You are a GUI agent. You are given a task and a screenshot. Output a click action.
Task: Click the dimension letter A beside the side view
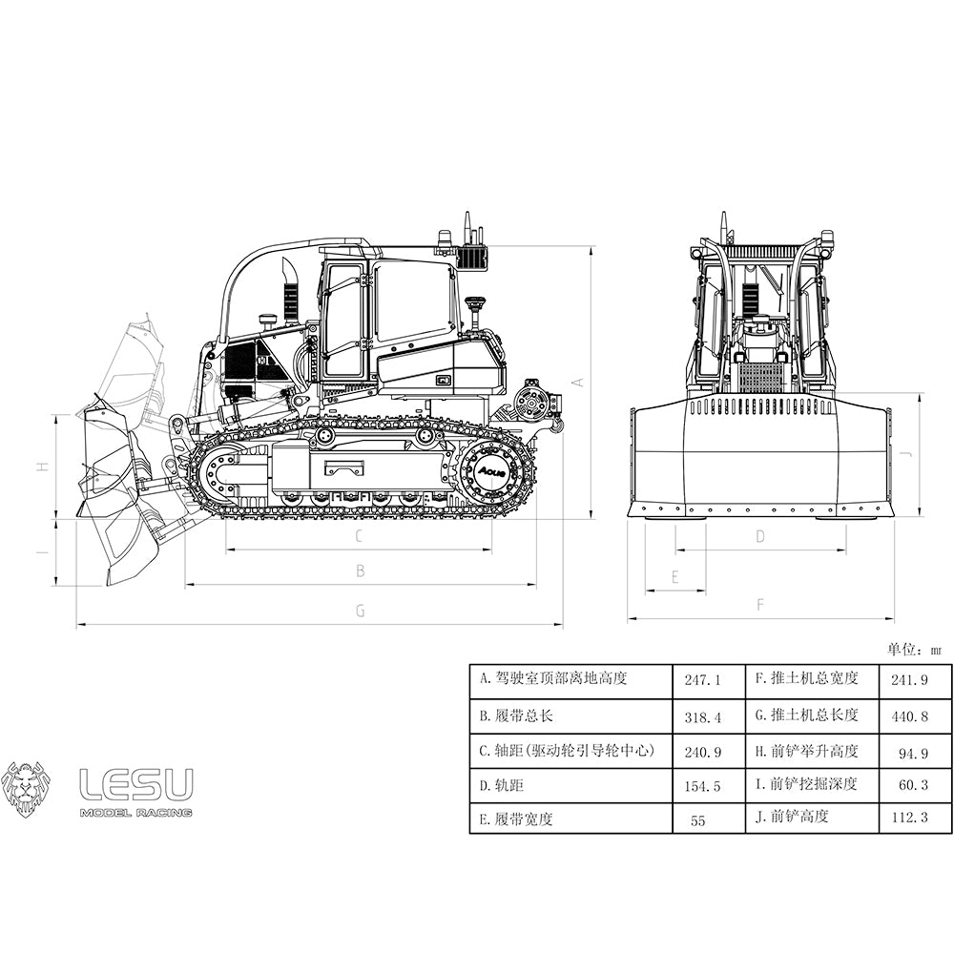click(x=576, y=382)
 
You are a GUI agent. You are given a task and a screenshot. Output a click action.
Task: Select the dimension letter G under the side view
click(x=360, y=612)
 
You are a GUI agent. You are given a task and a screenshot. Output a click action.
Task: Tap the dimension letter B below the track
click(x=360, y=571)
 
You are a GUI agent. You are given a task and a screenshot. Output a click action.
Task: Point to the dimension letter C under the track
click(x=359, y=536)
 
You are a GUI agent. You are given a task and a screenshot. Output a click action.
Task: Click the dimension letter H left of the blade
click(x=42, y=467)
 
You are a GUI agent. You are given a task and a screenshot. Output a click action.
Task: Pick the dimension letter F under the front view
click(x=760, y=605)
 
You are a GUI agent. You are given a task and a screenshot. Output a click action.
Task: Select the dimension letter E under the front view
click(x=674, y=577)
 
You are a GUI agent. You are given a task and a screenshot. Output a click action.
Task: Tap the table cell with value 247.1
click(x=703, y=680)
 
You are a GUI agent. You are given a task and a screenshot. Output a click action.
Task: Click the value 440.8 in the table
click(x=907, y=715)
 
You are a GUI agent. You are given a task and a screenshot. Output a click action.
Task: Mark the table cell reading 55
click(x=698, y=820)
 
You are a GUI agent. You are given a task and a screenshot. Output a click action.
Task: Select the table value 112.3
click(x=907, y=817)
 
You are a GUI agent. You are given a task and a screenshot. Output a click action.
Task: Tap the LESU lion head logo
click(x=26, y=788)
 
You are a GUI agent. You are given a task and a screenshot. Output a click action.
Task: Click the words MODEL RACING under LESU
click(x=135, y=813)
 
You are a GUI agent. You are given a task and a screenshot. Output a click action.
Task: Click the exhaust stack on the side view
click(x=289, y=291)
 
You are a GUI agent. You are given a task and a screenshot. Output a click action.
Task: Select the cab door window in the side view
click(x=344, y=320)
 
